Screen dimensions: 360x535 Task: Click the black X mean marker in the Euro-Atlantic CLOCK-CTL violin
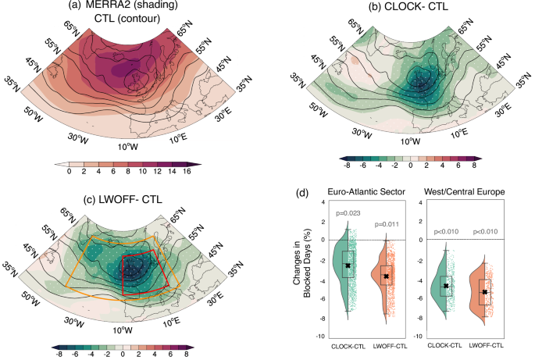point(348,266)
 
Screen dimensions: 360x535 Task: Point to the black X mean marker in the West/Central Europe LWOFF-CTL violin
point(485,292)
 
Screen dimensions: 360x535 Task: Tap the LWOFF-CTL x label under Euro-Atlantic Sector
point(386,344)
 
